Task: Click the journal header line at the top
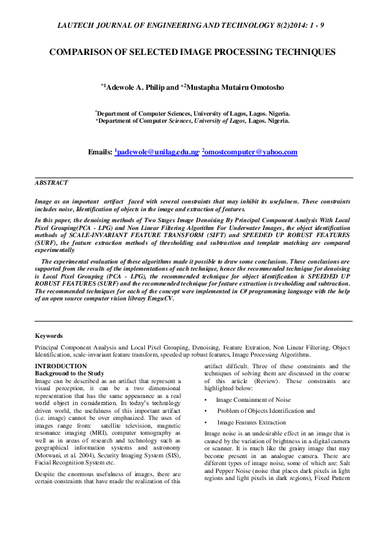[x=193, y=25]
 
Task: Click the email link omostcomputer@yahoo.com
[x=250, y=152]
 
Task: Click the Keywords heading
[x=49, y=336]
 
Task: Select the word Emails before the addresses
[x=100, y=152]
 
